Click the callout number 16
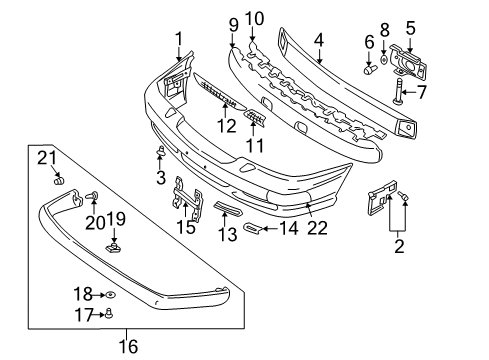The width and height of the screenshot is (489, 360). coord(128,346)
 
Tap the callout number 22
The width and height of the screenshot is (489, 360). coord(317,228)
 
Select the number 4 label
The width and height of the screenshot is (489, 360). coord(319,40)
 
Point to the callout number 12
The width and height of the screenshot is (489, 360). coord(227,126)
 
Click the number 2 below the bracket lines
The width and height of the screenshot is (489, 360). coord(399,246)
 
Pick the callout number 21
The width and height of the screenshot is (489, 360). coord(47,158)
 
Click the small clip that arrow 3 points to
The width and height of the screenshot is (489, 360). coord(161,151)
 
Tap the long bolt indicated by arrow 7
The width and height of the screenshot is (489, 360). coord(398,90)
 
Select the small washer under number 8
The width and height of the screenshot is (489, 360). coord(384,60)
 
